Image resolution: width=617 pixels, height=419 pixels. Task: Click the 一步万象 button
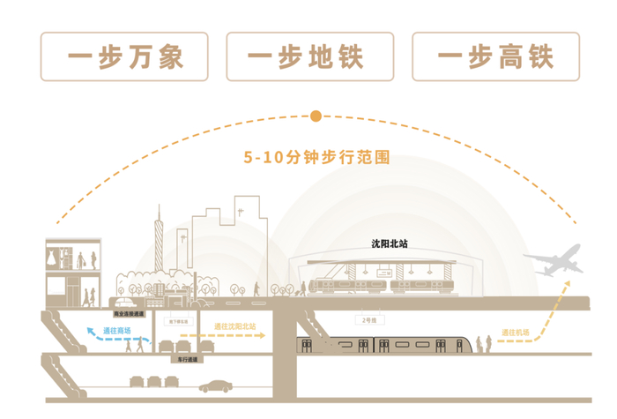point(124,57)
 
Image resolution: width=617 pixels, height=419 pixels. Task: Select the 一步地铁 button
point(309,57)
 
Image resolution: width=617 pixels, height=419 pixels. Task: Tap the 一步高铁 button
point(494,57)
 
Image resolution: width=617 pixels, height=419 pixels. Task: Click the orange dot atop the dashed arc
point(316,116)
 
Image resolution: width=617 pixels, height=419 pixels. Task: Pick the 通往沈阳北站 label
point(234,326)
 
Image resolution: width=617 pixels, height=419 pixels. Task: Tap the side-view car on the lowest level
point(215,385)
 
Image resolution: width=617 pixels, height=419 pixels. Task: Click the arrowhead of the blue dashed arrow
point(88,328)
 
